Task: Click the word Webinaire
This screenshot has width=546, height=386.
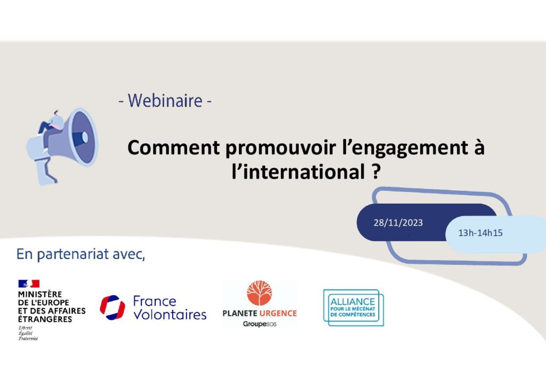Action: coord(165,101)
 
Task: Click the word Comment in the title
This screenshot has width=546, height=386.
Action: coord(173,148)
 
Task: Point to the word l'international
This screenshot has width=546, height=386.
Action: coord(299,172)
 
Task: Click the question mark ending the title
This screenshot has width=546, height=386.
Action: coord(375,172)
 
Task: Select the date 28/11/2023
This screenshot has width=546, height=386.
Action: coord(398,223)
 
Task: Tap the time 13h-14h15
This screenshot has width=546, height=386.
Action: coord(480,233)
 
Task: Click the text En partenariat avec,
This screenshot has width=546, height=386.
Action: coord(81,254)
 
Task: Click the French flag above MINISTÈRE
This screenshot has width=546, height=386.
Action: coord(29,284)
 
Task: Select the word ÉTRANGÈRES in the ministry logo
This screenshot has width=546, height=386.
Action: coord(45,319)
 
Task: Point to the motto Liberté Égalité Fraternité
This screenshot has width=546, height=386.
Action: coord(28,333)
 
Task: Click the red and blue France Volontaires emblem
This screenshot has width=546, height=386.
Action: coord(113,307)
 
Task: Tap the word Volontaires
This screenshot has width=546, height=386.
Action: coord(170,315)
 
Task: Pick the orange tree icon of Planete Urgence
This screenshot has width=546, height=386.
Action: coord(260,293)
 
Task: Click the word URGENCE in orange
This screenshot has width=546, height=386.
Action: coord(278,313)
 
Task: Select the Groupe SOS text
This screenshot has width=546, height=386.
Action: coord(260,324)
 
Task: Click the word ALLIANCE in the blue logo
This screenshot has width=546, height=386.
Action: coord(352,302)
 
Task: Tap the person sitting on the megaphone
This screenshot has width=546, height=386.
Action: coord(51,126)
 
